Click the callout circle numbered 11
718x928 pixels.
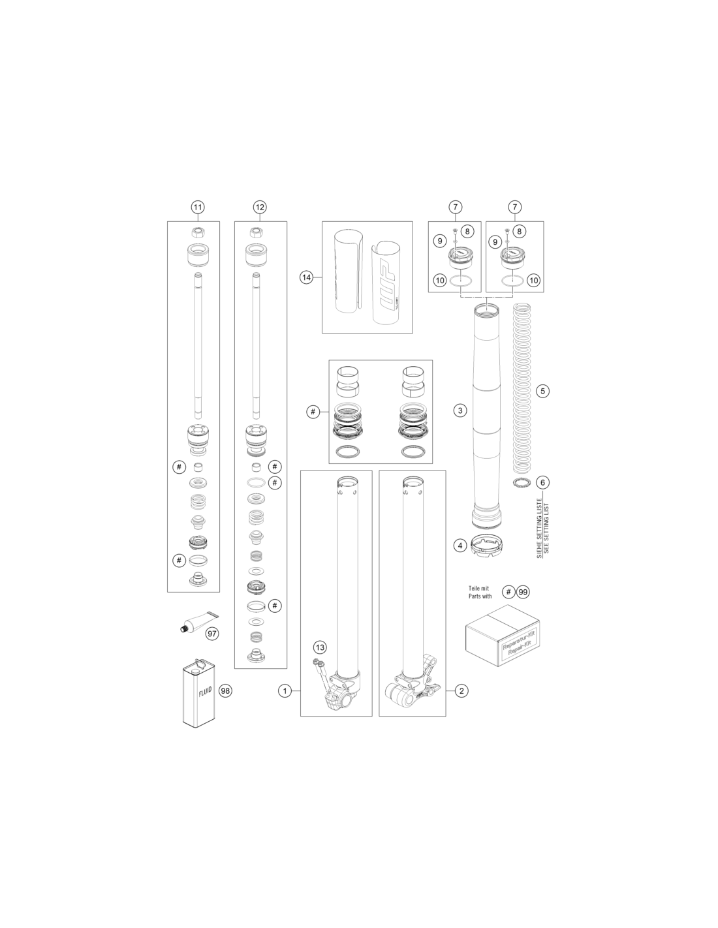tap(197, 208)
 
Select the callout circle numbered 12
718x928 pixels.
tap(260, 208)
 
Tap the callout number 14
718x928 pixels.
tap(306, 277)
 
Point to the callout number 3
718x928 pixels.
tap(460, 411)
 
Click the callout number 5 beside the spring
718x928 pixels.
tap(542, 391)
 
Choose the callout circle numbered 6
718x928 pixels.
tap(542, 482)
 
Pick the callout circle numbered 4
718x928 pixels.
tap(460, 546)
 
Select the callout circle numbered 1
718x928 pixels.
tap(285, 690)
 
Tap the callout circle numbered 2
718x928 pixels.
tap(461, 690)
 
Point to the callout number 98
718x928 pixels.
tap(225, 690)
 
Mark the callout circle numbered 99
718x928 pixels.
tap(523, 592)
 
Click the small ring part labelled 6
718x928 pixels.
tap(521, 482)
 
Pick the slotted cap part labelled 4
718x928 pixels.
tap(487, 547)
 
